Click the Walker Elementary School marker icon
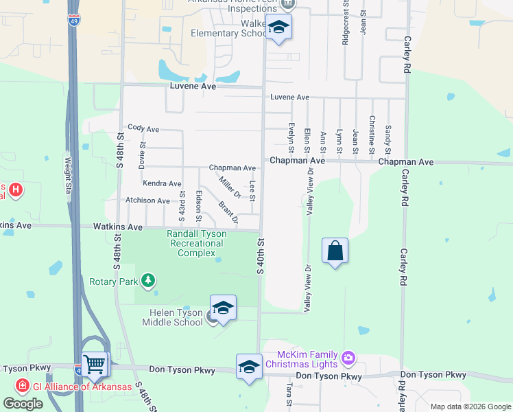click(x=278, y=28)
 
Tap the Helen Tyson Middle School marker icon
click(x=223, y=308)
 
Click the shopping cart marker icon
click(x=95, y=365)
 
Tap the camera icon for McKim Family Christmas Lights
click(x=348, y=358)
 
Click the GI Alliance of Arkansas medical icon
click(x=23, y=386)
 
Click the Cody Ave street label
click(x=143, y=128)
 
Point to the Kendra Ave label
click(x=162, y=183)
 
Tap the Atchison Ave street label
click(x=147, y=201)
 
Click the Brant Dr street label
click(x=228, y=212)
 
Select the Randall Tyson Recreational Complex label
click(x=197, y=243)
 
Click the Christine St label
click(x=372, y=135)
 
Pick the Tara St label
click(x=289, y=396)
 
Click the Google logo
click(x=23, y=404)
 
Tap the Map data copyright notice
click(x=470, y=407)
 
